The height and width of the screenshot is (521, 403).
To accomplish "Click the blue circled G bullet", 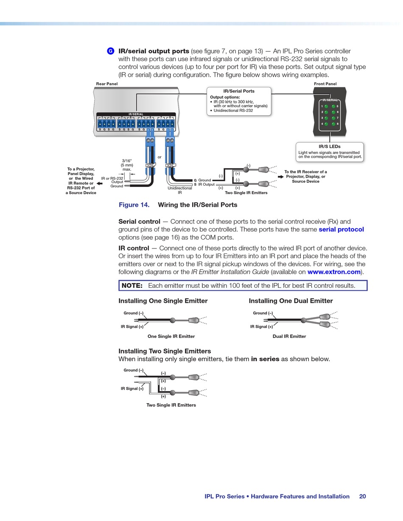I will point(110,51).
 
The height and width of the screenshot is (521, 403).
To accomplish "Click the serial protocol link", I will point(341,229).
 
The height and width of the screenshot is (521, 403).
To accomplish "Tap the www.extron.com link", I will point(334,272).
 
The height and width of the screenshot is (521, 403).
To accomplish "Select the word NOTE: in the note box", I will point(132,286).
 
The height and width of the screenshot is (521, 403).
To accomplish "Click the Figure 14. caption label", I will point(134,205).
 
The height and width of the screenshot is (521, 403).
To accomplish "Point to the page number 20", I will point(362,496).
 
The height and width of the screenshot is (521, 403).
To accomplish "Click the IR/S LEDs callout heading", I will point(330,147).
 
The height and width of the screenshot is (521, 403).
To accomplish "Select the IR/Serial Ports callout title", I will point(239,91).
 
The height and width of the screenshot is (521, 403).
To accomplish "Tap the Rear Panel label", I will point(107,84).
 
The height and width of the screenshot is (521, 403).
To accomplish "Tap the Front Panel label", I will point(325,84).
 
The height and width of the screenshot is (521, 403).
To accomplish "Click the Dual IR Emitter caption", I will point(289,336).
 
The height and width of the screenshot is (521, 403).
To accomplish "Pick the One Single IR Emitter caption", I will point(171,336).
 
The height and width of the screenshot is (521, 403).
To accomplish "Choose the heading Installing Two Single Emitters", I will point(165,351).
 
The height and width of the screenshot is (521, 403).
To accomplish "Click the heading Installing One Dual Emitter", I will point(291,301).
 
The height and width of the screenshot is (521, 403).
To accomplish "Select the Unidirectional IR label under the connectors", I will point(180,190).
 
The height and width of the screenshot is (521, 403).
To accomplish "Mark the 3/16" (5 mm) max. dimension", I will point(127,165).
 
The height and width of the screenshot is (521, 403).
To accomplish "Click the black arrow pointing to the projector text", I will point(100,184).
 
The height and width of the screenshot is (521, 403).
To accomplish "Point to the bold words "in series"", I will point(265,359).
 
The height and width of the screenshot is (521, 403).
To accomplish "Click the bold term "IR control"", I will point(134,248).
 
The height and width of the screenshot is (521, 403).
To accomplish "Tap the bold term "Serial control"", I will point(139,221).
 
